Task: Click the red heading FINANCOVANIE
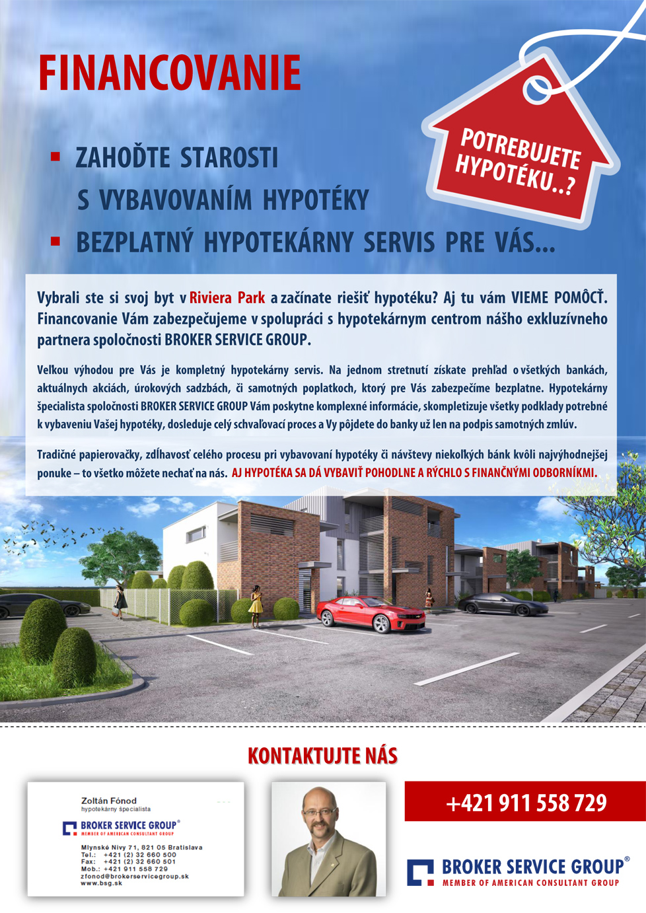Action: point(170,73)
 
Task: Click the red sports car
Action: point(371,614)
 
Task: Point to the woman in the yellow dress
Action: point(256,604)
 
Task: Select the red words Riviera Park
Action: point(227,298)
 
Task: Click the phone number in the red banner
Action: point(526,803)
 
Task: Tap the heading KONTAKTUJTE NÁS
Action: point(322,756)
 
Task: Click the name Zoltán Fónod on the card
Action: point(109,800)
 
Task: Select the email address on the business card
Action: point(135,876)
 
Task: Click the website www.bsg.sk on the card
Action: point(101,883)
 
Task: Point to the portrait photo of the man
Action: point(328,839)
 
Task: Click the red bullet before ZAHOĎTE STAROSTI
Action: point(55,157)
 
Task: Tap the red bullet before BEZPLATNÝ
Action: point(55,242)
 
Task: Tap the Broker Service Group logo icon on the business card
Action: point(70,828)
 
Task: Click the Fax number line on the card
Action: point(128,861)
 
